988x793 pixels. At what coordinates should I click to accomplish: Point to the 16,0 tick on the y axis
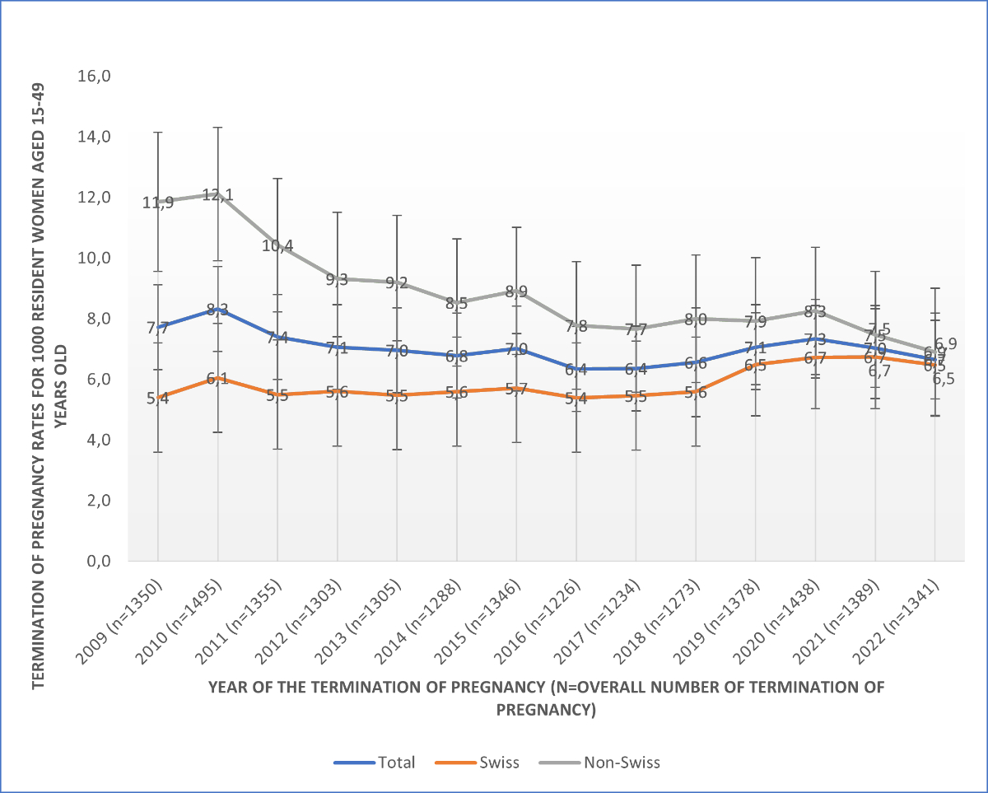(94, 76)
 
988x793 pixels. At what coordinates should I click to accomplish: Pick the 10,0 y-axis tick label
(94, 258)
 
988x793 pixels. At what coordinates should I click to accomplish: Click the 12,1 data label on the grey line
(217, 195)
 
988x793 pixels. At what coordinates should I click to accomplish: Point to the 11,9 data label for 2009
(157, 202)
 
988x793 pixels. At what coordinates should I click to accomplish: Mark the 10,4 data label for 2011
(277, 245)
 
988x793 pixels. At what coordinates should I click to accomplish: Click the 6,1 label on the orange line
(217, 379)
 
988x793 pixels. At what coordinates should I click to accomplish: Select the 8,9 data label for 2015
(516, 292)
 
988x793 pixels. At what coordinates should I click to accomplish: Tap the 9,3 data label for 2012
(337, 279)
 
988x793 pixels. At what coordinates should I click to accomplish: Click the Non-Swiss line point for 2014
(457, 303)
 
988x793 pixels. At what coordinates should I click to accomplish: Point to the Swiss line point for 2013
(397, 395)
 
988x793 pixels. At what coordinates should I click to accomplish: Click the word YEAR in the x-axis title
(227, 687)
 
